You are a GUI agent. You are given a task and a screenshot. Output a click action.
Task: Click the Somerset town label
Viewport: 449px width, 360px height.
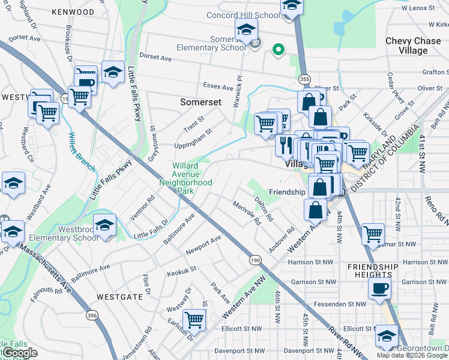(x=202, y=103)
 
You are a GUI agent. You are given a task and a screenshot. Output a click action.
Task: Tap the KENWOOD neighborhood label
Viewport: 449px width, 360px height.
(x=73, y=12)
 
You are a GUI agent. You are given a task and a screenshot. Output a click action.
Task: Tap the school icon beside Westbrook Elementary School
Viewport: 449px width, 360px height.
(x=105, y=226)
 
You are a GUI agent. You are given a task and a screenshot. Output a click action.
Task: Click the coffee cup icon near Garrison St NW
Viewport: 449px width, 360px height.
(x=379, y=288)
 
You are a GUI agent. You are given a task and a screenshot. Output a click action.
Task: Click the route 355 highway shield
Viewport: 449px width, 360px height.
(x=304, y=79)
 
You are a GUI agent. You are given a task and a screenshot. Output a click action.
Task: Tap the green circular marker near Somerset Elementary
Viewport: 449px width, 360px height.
(x=278, y=50)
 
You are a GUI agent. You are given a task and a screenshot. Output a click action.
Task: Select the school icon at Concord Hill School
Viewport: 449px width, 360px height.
(x=292, y=6)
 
